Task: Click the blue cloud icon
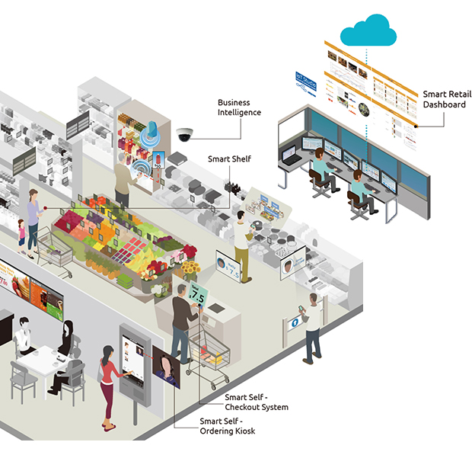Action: pyautogui.click(x=368, y=30)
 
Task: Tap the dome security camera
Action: pyautogui.click(x=185, y=134)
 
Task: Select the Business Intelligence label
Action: pyautogui.click(x=238, y=107)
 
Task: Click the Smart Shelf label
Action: pyautogui.click(x=229, y=160)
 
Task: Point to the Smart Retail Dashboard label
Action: pyautogui.click(x=444, y=99)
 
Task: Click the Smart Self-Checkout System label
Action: pyautogui.click(x=256, y=402)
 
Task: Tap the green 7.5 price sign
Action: pyautogui.click(x=198, y=294)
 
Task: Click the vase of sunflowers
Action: pyautogui.click(x=190, y=269)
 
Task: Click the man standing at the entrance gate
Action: pyautogui.click(x=312, y=328)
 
